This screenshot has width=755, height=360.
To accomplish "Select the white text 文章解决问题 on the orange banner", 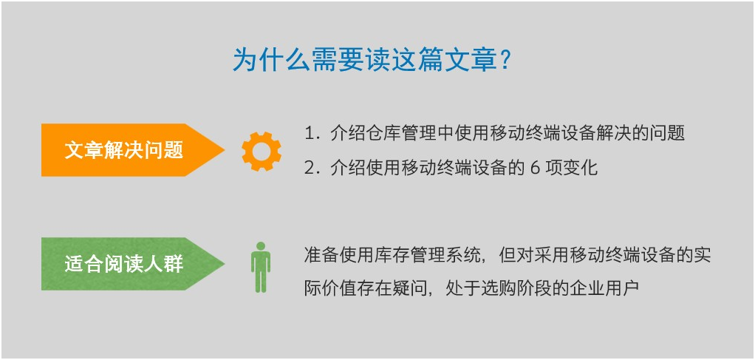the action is [x=124, y=150].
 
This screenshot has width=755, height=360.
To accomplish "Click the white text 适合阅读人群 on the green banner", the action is [x=124, y=264].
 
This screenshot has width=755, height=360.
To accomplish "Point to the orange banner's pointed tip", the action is [x=224, y=150].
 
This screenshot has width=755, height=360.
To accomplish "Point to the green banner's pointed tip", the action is [x=224, y=264].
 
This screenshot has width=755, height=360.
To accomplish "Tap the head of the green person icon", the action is [x=261, y=245].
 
